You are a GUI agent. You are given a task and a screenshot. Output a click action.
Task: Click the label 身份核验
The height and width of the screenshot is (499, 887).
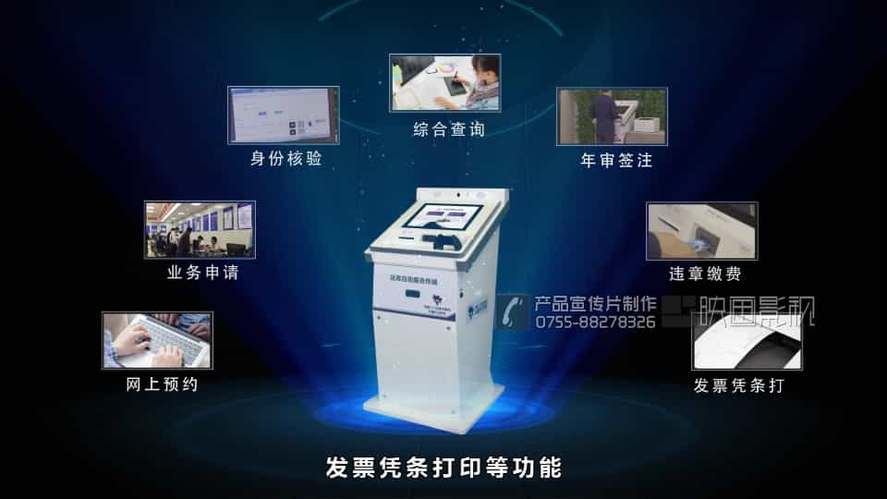pyautogui.click(x=286, y=159)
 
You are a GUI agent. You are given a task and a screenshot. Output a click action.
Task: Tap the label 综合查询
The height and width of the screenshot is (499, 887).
pyautogui.click(x=448, y=130)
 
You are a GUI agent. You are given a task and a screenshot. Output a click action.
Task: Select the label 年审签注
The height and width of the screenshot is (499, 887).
pyautogui.click(x=615, y=161)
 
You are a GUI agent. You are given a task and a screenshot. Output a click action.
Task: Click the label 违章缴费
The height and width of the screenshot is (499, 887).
pyautogui.click(x=705, y=274)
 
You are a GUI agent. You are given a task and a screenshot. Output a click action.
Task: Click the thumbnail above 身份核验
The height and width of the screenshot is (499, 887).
pyautogui.click(x=283, y=116)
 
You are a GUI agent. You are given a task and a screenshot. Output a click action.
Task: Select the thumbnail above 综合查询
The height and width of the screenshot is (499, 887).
pyautogui.click(x=445, y=82)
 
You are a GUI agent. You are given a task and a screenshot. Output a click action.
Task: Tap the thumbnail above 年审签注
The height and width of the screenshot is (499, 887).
pyautogui.click(x=612, y=116)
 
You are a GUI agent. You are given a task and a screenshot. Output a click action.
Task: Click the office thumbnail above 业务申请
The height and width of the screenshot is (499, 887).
pyautogui.click(x=200, y=229)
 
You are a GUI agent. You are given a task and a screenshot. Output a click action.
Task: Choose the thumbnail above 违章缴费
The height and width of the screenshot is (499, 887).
pyautogui.click(x=701, y=231)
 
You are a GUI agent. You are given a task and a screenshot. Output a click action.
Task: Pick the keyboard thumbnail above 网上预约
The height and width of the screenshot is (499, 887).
pyautogui.click(x=157, y=340)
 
